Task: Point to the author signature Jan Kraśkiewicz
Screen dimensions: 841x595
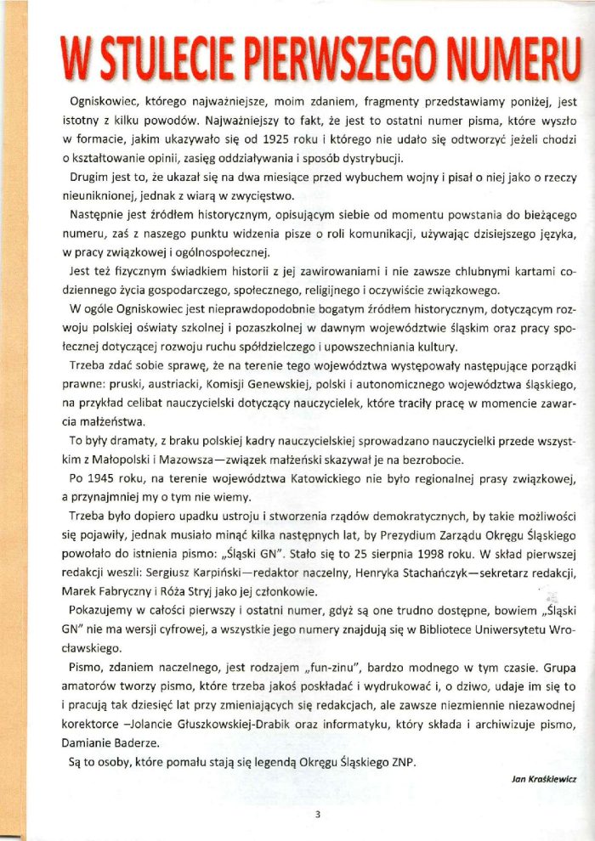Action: [544, 778]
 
